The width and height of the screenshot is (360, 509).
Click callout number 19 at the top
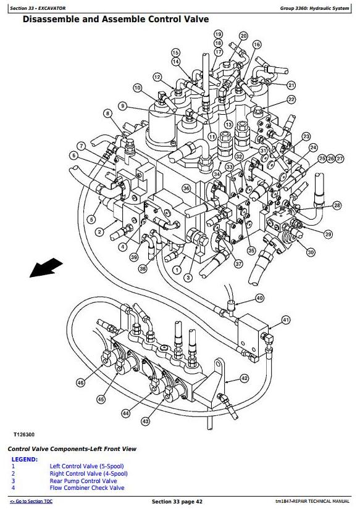[x=218, y=34]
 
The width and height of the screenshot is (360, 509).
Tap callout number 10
[x=138, y=88]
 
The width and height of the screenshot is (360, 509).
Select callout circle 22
[x=291, y=99]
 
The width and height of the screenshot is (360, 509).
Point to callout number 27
[x=340, y=159]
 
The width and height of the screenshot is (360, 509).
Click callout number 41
[x=286, y=320]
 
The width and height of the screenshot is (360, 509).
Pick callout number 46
[x=80, y=383]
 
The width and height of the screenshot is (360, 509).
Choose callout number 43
[x=145, y=421]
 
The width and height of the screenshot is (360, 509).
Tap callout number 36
[x=186, y=188]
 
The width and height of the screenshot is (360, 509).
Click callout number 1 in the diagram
[x=177, y=270]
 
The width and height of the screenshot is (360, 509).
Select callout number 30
[x=311, y=252]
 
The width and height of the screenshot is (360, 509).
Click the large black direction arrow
[x=46, y=268]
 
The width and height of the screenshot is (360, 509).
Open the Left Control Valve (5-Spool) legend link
[x=86, y=466]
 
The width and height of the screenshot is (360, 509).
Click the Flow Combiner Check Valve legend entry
[x=86, y=488]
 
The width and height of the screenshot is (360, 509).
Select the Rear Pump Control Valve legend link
[x=83, y=481]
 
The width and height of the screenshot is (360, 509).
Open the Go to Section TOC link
[x=31, y=501]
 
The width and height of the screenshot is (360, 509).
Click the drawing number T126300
[x=23, y=434]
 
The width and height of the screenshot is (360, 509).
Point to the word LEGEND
[x=25, y=459]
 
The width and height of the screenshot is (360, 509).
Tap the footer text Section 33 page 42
[x=177, y=502]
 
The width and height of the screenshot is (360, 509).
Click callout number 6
[x=74, y=156]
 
